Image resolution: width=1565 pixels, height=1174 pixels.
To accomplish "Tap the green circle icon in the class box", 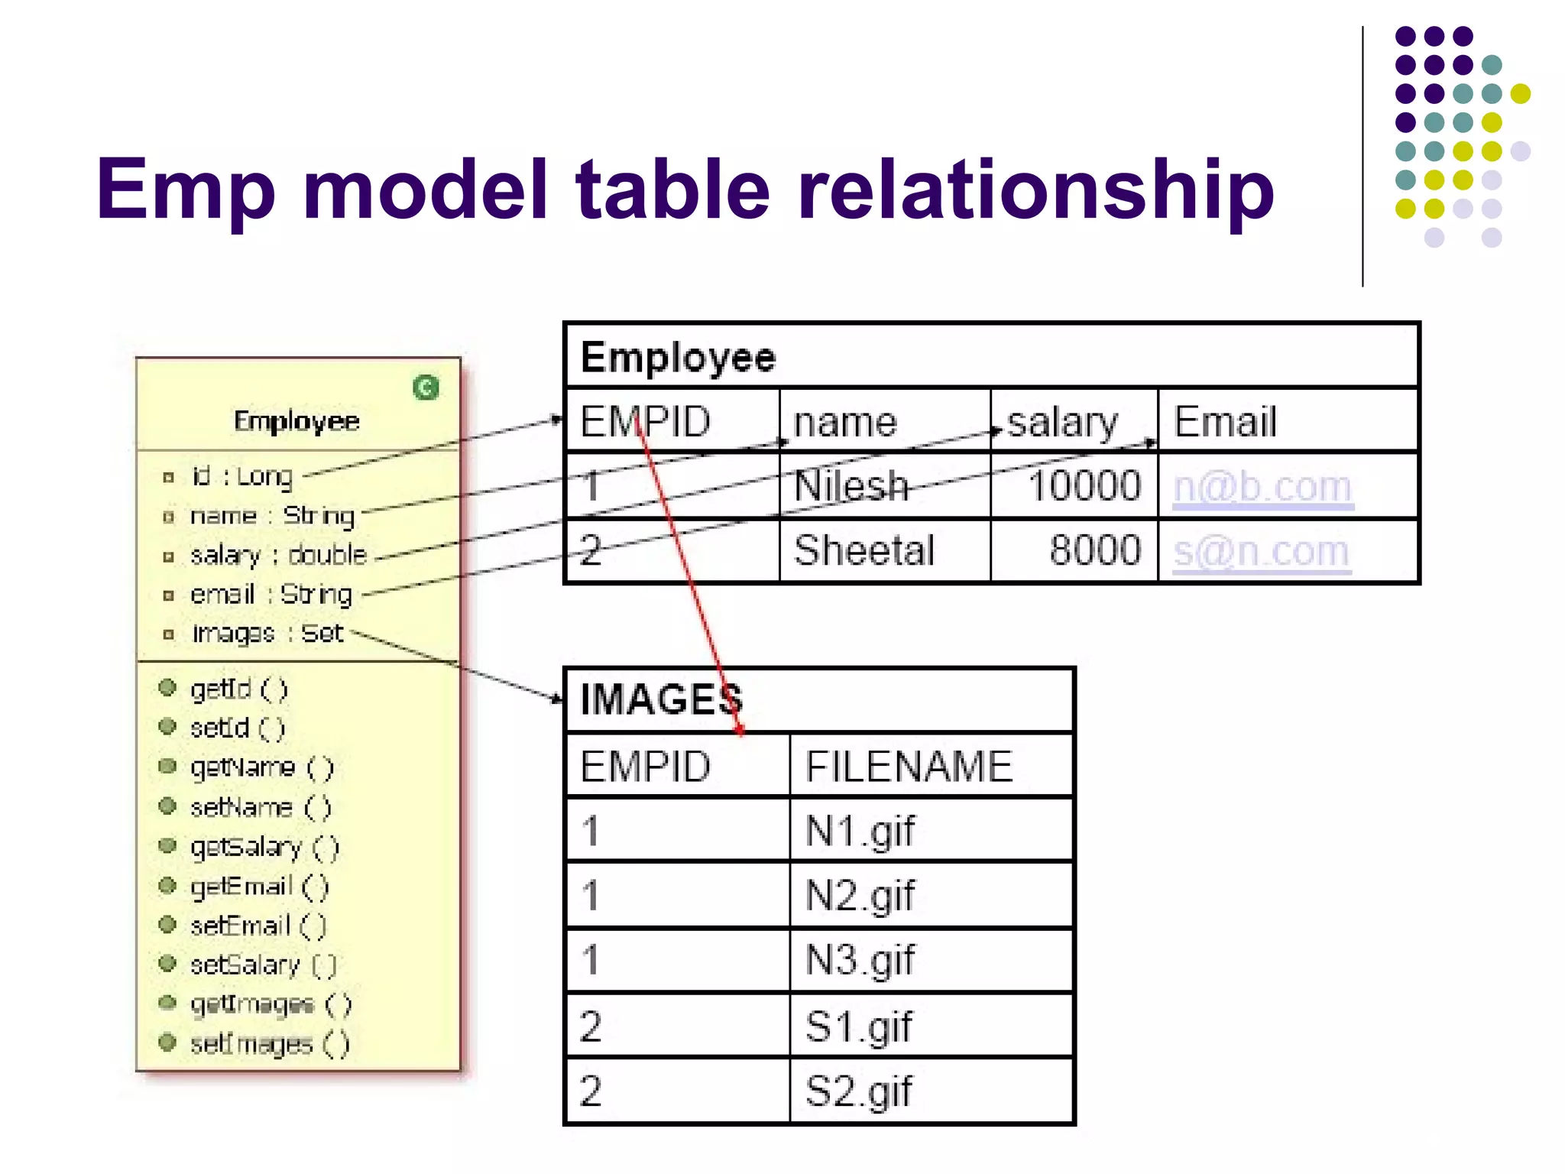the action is point(426,388).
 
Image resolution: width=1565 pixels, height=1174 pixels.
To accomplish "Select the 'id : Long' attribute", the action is point(242,476).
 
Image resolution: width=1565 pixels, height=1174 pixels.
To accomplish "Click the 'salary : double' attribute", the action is point(278,555).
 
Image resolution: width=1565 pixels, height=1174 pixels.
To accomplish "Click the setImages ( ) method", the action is point(269,1043).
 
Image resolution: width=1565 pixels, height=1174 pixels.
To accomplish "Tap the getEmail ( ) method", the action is point(259,886).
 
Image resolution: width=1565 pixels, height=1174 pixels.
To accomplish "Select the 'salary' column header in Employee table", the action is point(1062,422).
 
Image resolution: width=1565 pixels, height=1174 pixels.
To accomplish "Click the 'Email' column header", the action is point(1225,422).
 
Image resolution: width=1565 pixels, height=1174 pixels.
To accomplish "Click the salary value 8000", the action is point(1094,550).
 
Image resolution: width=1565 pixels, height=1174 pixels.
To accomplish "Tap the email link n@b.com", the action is point(1262,486).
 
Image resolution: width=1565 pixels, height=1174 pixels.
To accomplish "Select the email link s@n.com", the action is point(1261,550).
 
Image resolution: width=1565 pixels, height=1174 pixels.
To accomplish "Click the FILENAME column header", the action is point(909,767).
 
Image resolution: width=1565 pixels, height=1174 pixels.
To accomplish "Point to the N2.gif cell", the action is point(860,895).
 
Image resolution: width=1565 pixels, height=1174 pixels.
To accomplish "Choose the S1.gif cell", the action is point(858,1026).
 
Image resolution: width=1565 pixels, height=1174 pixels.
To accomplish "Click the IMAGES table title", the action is point(662,699).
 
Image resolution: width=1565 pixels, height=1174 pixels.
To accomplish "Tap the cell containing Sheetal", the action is point(864,550).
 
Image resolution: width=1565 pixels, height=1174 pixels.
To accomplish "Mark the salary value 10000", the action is point(1084,486).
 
